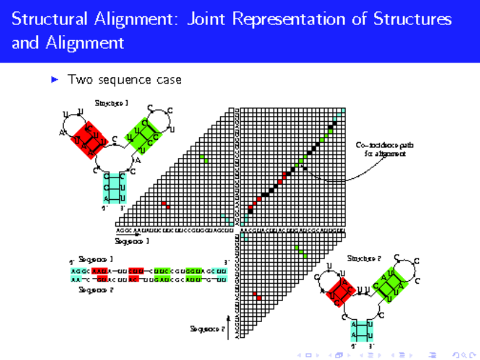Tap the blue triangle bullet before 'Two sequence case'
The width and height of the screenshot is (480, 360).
56,79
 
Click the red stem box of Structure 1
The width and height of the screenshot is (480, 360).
90,140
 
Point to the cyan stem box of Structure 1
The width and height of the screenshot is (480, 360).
114,188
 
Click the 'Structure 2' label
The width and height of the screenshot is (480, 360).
364,259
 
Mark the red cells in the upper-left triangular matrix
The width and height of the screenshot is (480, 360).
165,205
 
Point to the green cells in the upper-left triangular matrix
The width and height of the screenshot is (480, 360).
204,158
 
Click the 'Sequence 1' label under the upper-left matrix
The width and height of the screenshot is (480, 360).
132,241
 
